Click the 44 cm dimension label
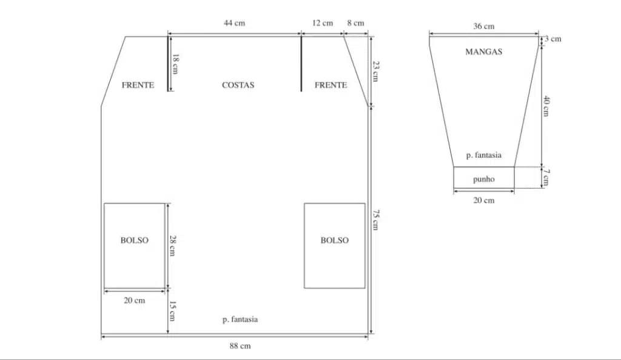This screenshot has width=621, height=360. [234, 23]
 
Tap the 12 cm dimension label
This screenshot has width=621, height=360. [323, 23]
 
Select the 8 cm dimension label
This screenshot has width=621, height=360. [355, 23]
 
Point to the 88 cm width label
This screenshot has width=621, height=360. [240, 346]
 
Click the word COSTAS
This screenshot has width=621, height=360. [238, 85]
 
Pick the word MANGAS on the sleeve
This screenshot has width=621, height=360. [483, 52]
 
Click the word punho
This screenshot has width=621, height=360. [483, 179]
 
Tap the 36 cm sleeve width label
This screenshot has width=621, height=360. [483, 27]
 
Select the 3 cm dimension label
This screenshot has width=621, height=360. [553, 39]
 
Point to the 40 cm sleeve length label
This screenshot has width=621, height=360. [546, 106]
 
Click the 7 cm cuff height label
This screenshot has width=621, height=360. [546, 177]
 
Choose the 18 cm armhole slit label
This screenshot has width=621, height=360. [175, 64]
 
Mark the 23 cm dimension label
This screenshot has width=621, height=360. [376, 71]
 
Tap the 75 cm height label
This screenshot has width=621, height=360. [376, 220]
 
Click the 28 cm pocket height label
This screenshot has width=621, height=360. [173, 245]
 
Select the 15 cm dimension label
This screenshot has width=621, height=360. [173, 311]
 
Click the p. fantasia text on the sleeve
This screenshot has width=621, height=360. [483, 155]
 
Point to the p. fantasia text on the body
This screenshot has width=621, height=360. [240, 319]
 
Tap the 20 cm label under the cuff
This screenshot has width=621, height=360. [483, 200]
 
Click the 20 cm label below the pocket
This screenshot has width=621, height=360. [134, 300]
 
